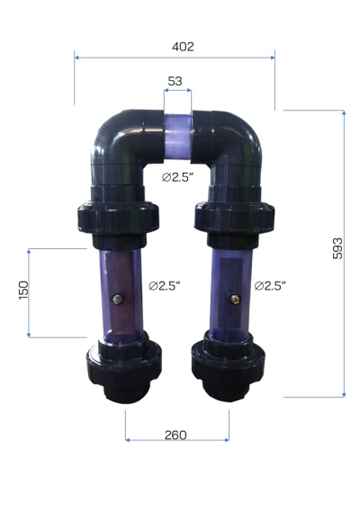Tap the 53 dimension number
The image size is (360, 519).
click(175, 81)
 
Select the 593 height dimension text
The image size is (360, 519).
click(336, 250)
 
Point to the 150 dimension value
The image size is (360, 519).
click(24, 290)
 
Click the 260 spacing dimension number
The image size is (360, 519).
click(175, 434)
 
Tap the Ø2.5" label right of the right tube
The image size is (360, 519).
click(270, 286)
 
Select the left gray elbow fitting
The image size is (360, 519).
click(121, 144)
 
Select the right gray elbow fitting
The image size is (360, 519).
click(236, 144)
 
